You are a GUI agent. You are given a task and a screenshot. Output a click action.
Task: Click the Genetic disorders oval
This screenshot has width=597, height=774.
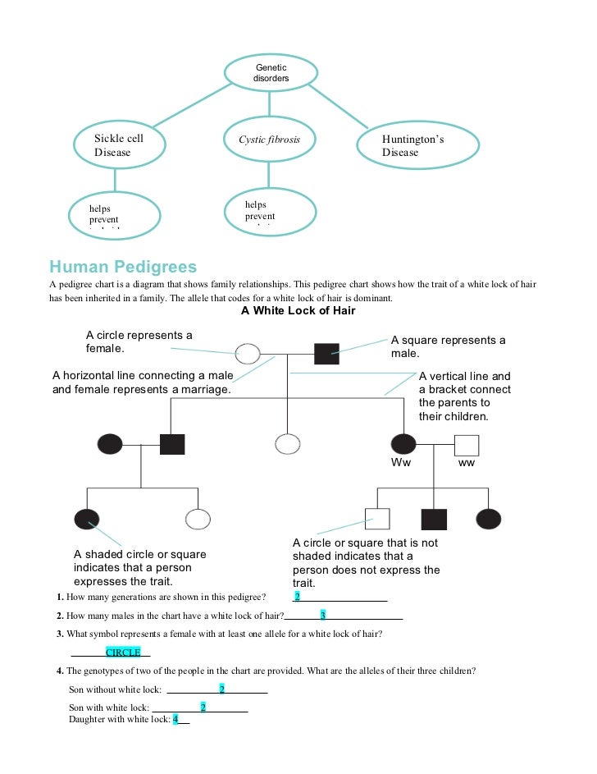coord(271,71)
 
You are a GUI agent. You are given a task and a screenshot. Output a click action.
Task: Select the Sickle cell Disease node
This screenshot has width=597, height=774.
coord(119,145)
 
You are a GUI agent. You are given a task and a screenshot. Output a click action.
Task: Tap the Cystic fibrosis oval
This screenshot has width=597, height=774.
coord(269,140)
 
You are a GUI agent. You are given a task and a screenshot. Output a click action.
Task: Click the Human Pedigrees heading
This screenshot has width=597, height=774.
coord(123,267)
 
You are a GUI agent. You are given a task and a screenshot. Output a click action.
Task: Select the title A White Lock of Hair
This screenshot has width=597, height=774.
coord(298,311)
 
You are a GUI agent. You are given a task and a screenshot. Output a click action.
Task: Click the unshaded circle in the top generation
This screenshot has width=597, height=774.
coord(248,355)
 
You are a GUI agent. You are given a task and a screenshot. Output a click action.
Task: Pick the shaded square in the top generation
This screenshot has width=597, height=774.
coord(326,355)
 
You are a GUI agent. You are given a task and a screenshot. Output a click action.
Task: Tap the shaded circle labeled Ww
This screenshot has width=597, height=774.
coord(403,444)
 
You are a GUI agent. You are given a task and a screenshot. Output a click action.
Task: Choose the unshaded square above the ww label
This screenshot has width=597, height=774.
coord(467,444)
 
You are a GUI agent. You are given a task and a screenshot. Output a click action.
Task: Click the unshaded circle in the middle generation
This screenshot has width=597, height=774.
coord(287,444)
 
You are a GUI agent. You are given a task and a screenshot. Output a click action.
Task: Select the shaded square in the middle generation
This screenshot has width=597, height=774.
coord(172,444)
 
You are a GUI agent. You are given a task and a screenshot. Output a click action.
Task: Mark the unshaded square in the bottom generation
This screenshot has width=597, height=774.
coord(376,519)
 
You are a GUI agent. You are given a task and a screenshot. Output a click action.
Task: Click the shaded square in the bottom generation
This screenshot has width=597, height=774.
coord(434,519)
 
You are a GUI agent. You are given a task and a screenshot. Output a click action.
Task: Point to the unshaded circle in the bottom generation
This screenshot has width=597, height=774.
coord(198,519)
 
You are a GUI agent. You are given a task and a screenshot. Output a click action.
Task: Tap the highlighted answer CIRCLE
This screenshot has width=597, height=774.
coord(123,653)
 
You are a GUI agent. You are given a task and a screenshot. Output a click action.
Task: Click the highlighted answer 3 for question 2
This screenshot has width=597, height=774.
coord(323,616)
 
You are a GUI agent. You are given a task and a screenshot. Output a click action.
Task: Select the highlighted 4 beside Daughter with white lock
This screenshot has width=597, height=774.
coord(175,719)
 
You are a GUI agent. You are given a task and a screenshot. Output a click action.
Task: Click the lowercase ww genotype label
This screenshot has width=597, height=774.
coord(467,463)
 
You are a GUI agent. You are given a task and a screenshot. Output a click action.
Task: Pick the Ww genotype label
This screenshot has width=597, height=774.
coord(400,463)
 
